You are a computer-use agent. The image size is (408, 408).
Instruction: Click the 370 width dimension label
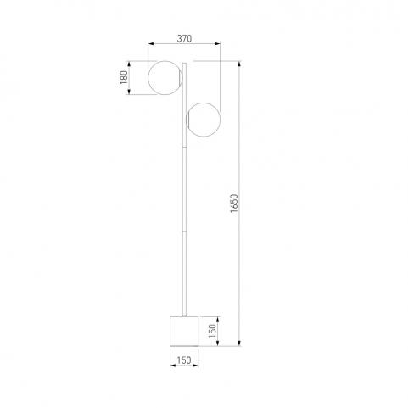(x=184, y=38)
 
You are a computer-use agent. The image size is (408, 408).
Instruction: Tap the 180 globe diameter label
(x=124, y=77)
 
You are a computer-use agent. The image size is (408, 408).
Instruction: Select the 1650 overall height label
(x=234, y=204)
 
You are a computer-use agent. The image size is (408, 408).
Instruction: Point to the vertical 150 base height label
(x=212, y=331)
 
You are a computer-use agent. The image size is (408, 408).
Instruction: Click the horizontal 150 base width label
(x=184, y=360)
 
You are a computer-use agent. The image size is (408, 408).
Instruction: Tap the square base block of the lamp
(x=184, y=331)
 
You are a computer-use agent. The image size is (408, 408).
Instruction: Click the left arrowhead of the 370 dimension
(x=151, y=43)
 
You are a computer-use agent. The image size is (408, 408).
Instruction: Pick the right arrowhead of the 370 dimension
(x=217, y=43)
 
